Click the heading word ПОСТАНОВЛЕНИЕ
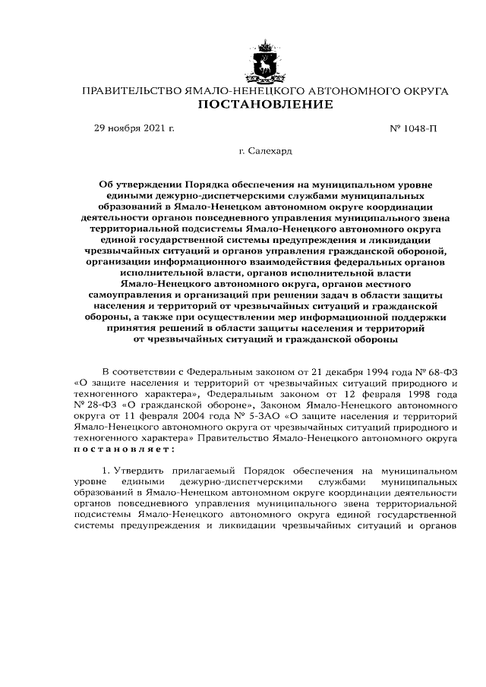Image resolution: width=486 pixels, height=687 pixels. pos(265,105)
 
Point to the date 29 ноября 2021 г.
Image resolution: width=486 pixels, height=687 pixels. pos(134,128)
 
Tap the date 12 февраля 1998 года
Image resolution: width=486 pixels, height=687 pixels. pos(402,395)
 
